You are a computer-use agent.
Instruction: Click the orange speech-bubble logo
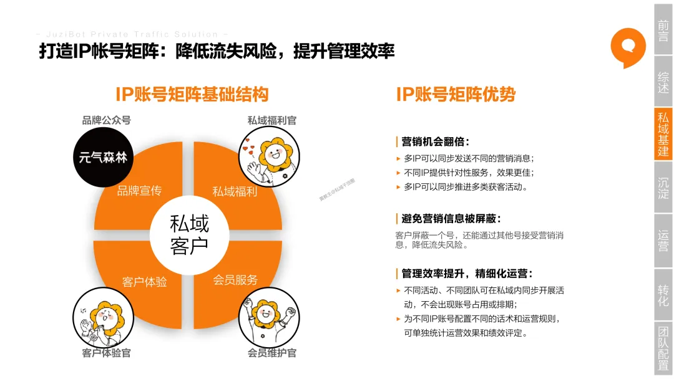click(628, 46)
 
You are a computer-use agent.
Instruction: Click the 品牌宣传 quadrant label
click(139, 191)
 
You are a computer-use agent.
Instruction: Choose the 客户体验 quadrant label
click(145, 282)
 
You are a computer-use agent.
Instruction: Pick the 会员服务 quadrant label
click(235, 280)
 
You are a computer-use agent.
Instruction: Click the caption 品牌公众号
click(107, 120)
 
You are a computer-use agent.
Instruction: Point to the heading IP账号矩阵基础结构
click(192, 95)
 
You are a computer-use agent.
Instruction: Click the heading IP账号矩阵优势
click(456, 95)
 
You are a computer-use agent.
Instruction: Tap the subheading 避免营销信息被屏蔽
click(451, 219)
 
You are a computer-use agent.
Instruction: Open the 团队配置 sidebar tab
click(663, 347)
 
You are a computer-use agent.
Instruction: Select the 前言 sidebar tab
click(663, 29)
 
